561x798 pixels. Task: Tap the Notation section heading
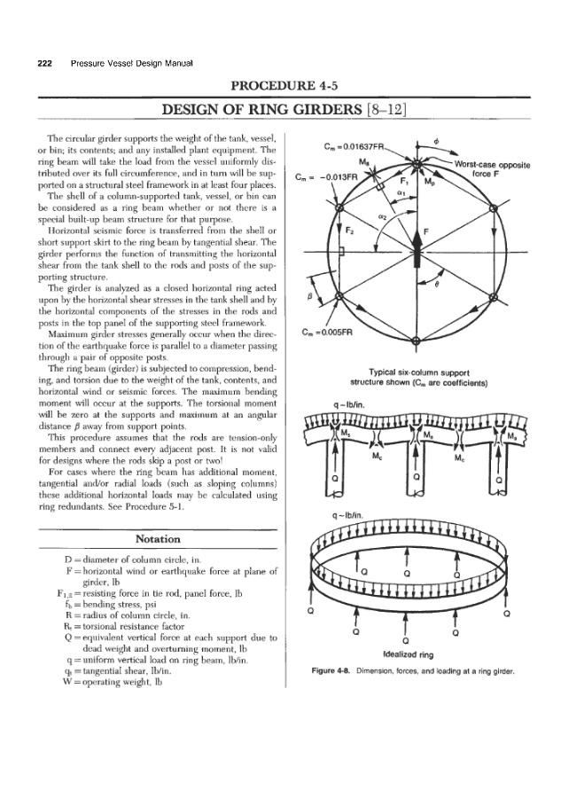point(156,538)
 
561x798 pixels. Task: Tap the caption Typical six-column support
point(416,373)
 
